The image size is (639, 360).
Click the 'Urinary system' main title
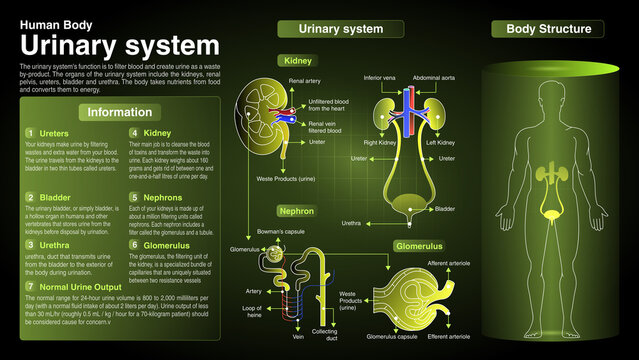click(x=119, y=45)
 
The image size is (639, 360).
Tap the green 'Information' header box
click(x=120, y=113)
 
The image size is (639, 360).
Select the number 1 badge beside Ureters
click(x=30, y=132)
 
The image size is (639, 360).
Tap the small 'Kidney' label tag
click(x=298, y=61)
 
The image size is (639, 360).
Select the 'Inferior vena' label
click(x=380, y=77)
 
